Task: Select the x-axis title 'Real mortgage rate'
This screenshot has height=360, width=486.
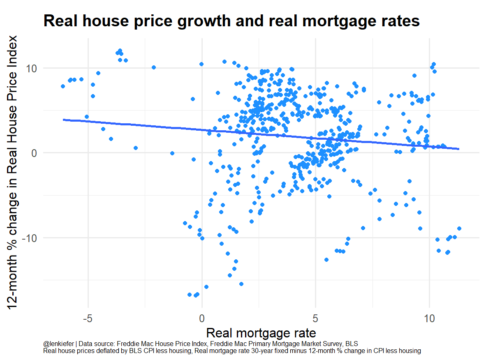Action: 261,332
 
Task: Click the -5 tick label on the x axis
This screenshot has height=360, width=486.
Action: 87,318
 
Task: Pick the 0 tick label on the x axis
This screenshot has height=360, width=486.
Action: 202,318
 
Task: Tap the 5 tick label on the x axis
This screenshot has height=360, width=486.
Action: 315,318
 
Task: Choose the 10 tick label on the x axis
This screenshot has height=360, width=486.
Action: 429,318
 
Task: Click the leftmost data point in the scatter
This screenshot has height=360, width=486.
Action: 63,86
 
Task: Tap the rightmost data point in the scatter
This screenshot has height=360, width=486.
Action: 459,228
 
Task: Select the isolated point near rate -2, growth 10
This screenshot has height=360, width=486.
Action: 154,67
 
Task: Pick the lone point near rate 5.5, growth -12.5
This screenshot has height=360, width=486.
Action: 326,260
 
